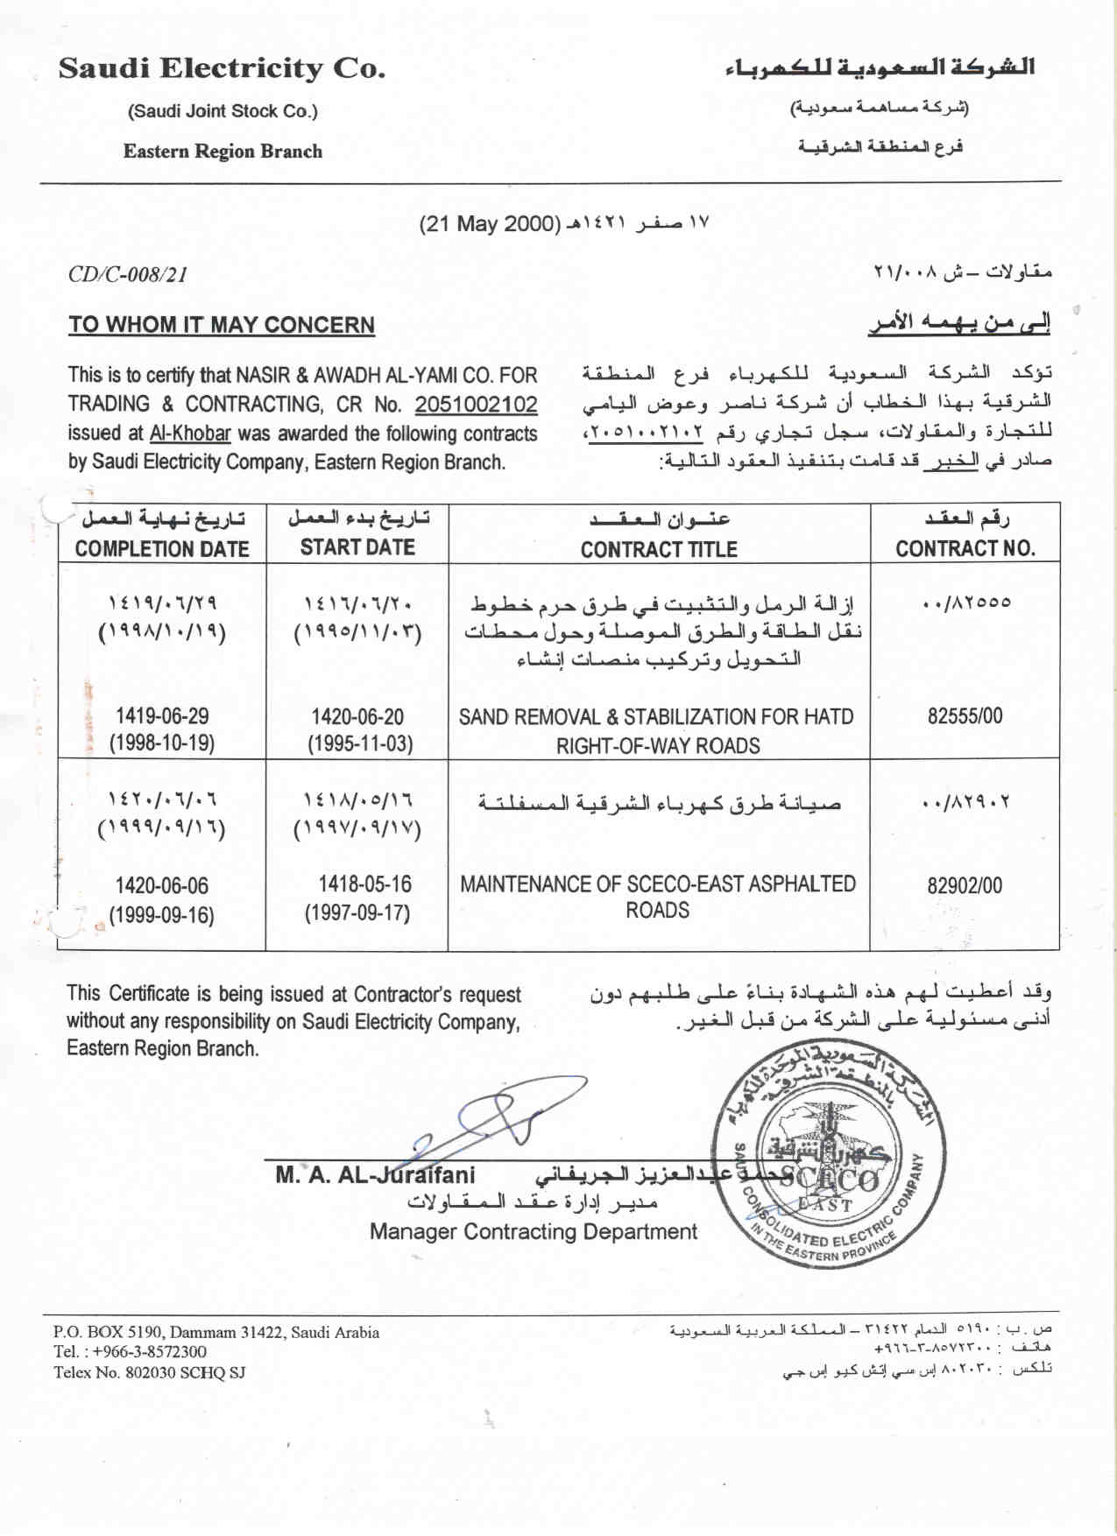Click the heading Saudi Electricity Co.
pos(222,68)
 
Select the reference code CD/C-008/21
pos(128,275)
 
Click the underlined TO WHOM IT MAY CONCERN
pos(222,325)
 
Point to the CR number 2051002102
pos(476,405)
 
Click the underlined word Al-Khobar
pos(190,433)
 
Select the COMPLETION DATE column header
pos(162,549)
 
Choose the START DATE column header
pos(357,547)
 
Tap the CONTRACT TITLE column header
pos(659,549)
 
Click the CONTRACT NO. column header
pos(965,549)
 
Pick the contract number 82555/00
pos(965,716)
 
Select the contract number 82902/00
pos(965,885)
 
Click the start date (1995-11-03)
pos(359,744)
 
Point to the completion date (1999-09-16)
pos(162,915)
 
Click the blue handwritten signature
pos(491,1121)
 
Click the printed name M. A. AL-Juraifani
pos(375,1175)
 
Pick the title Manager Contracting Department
pos(533,1232)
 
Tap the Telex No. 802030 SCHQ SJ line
pos(149,1373)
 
